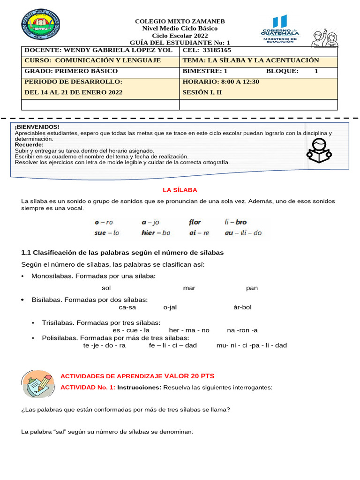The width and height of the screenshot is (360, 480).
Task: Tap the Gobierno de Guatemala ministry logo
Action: pos(280,29)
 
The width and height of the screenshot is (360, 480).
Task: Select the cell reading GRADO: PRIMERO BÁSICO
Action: pos(71,71)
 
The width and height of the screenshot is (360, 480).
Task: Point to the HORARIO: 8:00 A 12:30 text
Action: pos(221,82)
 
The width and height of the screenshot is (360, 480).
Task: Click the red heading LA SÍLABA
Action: pos(180,190)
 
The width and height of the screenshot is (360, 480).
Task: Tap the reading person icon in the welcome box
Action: pos(319,150)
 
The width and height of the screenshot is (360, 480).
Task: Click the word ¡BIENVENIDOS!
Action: pos(37,127)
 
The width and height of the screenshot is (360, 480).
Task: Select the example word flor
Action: pos(195,222)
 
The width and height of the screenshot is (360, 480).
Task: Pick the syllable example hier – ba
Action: pos(156,232)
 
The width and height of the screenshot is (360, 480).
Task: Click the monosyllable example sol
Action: pos(106,288)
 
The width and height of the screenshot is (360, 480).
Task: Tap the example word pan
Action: pos(252,288)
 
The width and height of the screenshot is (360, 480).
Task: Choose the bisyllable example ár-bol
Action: pos(242,307)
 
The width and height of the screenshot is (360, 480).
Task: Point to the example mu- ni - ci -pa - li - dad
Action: pos(251,345)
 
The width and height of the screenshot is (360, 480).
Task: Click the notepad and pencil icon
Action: pos(38,383)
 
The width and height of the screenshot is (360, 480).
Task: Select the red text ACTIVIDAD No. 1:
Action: pos(88,388)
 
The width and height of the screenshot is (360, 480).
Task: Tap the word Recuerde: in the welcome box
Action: pos(30,145)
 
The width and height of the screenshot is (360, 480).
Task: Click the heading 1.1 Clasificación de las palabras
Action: pos(122,253)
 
